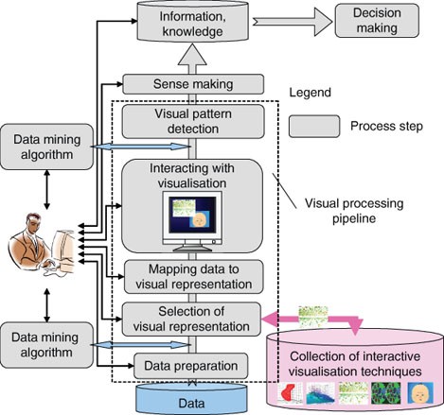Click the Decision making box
click(377, 21)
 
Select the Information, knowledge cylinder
click(192, 21)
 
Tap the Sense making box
click(193, 84)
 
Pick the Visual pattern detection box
click(193, 122)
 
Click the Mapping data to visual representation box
click(194, 277)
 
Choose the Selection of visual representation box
click(191, 320)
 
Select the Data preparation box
click(191, 366)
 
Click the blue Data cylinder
click(191, 399)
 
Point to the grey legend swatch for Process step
click(314, 126)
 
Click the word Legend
click(311, 93)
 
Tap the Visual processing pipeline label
click(354, 211)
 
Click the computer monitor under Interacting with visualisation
click(192, 220)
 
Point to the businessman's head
click(35, 222)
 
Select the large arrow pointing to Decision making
click(293, 22)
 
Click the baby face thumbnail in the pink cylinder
click(420, 393)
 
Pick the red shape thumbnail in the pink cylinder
click(290, 393)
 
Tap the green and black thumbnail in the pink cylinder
click(386, 393)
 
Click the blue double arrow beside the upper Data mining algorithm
click(141, 147)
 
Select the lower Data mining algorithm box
click(46, 345)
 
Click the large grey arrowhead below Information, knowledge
click(192, 55)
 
